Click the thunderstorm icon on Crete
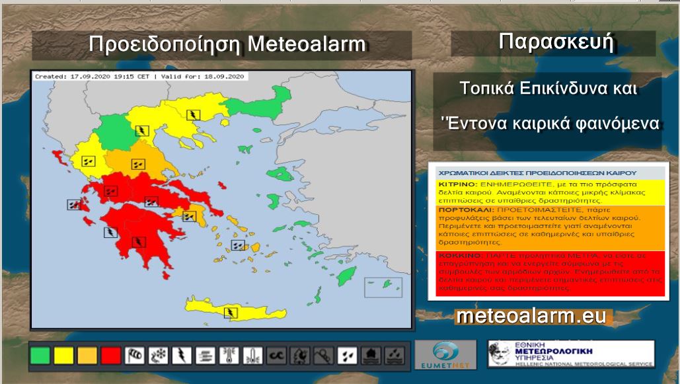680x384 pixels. click(231, 312)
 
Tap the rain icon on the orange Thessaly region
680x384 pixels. click(138, 164)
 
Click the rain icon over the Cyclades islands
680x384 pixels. click(237, 245)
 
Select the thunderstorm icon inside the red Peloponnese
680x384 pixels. click(139, 241)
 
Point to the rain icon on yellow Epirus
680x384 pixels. click(88, 160)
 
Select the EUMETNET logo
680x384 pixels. click(445, 354)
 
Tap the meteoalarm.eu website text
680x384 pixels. click(531, 317)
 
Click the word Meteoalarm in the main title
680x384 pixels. click(307, 45)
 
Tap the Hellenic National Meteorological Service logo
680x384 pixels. click(571, 354)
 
